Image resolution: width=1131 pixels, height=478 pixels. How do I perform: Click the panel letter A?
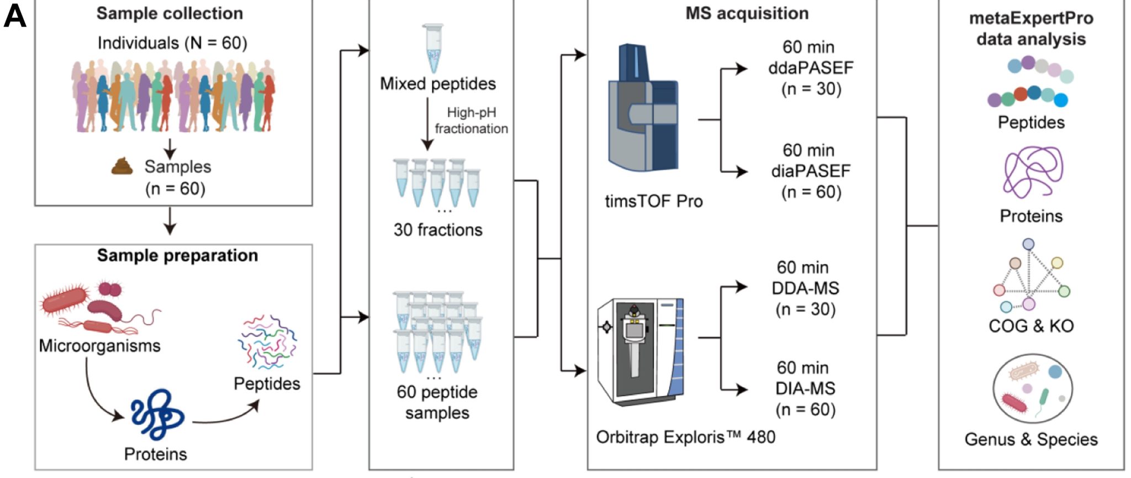point(15,17)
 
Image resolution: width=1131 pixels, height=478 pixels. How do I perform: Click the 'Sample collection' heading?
point(170,13)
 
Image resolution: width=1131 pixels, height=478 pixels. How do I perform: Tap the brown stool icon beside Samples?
point(122,166)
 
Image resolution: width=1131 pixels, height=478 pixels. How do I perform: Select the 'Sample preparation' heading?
point(177,255)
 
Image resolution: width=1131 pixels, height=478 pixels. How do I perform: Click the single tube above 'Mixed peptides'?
point(433,48)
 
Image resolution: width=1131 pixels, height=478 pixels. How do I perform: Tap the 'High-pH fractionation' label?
point(471,120)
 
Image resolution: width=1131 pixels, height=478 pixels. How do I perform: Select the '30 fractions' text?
point(438,230)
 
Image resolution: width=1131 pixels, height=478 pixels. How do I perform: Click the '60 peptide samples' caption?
point(437,402)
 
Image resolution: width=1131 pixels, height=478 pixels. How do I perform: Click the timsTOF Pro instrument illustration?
point(643,111)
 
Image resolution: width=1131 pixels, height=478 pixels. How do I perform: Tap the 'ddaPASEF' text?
point(811,68)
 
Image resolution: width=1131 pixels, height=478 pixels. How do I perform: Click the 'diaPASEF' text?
point(811,171)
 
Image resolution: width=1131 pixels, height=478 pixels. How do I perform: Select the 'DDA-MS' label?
point(805,288)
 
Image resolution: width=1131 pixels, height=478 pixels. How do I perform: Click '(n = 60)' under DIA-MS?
point(805,409)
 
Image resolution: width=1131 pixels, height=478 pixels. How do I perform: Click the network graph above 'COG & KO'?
point(1030,276)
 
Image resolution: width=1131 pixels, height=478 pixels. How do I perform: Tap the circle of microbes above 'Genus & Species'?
point(1032,390)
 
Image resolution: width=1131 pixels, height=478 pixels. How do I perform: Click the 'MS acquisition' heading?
point(747,13)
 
